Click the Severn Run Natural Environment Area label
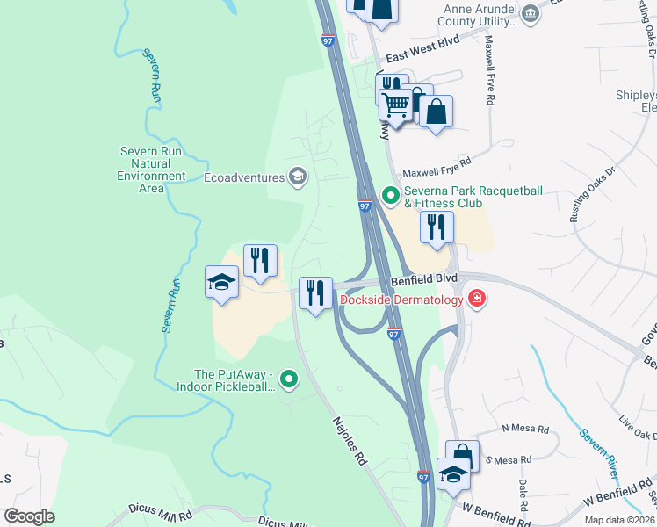point(152,170)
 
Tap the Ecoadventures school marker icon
point(298,177)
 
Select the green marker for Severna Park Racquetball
point(389,195)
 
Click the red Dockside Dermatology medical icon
point(477,300)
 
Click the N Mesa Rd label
point(525,430)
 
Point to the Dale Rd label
point(523,488)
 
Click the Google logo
point(29,516)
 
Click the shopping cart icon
point(396,105)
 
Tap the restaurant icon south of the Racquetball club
point(437,227)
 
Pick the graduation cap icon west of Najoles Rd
point(222,282)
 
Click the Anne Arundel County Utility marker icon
point(530,13)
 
